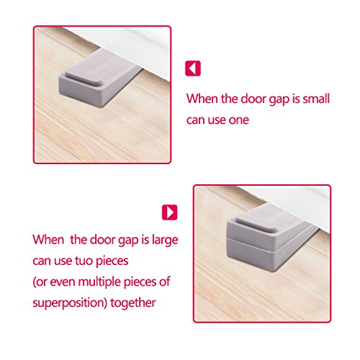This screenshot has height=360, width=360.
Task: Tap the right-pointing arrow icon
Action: click(170, 213)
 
